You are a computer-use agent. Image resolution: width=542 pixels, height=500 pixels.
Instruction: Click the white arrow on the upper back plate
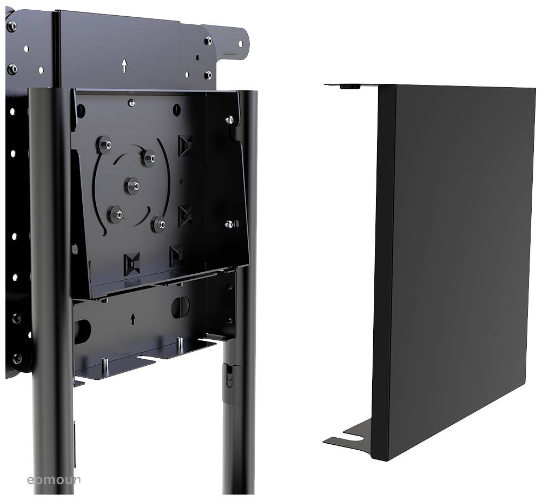tap(124, 66)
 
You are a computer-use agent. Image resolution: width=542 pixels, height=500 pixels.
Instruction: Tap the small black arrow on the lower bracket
tap(133, 319)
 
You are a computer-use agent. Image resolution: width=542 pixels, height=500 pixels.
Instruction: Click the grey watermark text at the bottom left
tap(54, 479)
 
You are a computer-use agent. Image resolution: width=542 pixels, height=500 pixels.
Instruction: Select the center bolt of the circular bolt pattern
tap(133, 186)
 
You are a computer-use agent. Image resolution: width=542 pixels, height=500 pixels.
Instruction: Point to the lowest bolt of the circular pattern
tap(159, 223)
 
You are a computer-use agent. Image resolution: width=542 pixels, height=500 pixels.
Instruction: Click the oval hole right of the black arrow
tap(180, 307)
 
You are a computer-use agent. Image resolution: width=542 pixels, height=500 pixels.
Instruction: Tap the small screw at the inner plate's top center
tap(131, 103)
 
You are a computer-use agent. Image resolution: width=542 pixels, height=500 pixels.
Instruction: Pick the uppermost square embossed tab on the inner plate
tap(185, 145)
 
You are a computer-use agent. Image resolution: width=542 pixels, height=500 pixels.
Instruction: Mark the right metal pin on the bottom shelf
tap(179, 343)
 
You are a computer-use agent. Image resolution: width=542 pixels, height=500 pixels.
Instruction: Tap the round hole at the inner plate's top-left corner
tap(81, 111)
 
